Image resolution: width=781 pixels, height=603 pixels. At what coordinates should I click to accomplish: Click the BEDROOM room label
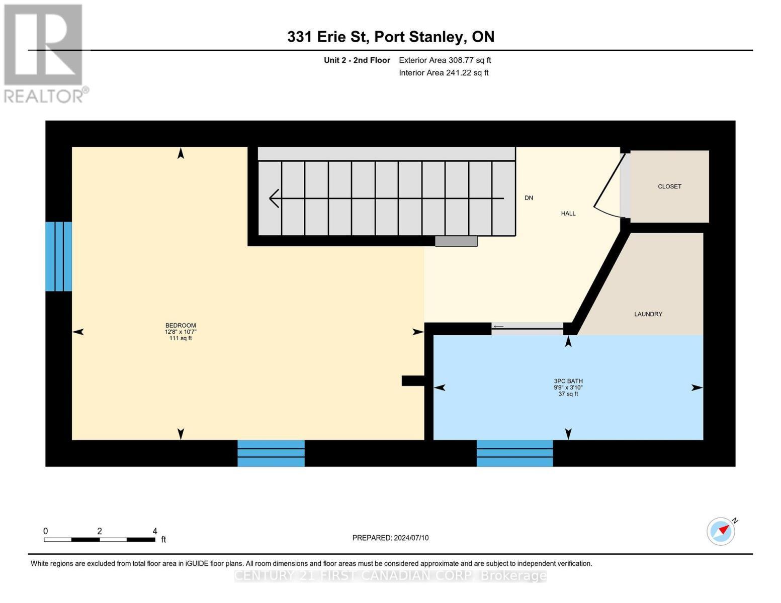point(181,326)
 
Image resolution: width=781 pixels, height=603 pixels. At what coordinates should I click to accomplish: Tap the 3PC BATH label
point(568,381)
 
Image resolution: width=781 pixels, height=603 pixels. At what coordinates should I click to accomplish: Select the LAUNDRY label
point(648,314)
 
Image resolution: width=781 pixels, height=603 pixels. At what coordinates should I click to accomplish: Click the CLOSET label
point(669,186)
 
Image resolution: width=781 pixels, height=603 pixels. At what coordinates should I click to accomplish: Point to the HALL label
point(568,214)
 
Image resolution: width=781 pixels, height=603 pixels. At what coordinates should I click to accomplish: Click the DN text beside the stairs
point(529,198)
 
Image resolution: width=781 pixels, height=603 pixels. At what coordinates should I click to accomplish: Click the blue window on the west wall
point(59,256)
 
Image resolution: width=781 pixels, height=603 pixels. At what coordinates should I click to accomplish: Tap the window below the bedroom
point(271,453)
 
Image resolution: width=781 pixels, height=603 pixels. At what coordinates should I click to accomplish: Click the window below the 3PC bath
point(514,453)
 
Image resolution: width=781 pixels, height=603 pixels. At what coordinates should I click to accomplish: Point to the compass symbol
point(721,531)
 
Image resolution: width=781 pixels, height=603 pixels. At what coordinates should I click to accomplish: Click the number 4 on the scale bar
point(154,531)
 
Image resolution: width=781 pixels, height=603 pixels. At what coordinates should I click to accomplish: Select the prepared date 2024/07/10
point(390,538)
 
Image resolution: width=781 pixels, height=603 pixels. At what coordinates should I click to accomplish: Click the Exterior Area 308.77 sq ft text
point(445,60)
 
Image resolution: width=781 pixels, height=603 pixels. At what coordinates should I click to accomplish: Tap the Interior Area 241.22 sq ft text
point(444,73)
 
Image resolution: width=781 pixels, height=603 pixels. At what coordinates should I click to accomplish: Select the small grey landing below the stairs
point(456,241)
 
